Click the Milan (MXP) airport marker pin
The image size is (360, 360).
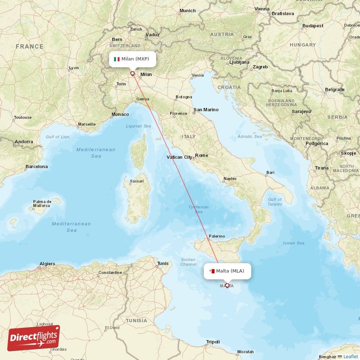tap(132, 73)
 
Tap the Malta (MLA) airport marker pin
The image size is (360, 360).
tap(227, 285)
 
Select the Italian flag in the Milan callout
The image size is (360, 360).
tap(117, 59)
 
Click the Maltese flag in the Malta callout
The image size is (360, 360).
tap(211, 271)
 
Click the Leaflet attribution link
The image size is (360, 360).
tap(351, 356)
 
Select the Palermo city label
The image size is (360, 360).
tap(216, 236)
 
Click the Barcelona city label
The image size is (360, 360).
tap(36, 166)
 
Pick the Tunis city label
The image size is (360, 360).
tap(162, 263)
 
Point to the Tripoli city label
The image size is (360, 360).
tap(213, 342)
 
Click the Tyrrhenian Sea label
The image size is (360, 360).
tap(199, 210)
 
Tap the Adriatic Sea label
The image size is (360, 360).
tap(249, 136)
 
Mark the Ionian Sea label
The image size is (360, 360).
tap(293, 243)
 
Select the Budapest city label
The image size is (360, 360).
tap(313, 26)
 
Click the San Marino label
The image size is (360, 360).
tap(206, 109)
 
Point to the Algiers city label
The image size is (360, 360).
tap(47, 264)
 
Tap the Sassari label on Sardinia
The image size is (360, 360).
tap(137, 181)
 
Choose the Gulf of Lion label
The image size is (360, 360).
tap(58, 136)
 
